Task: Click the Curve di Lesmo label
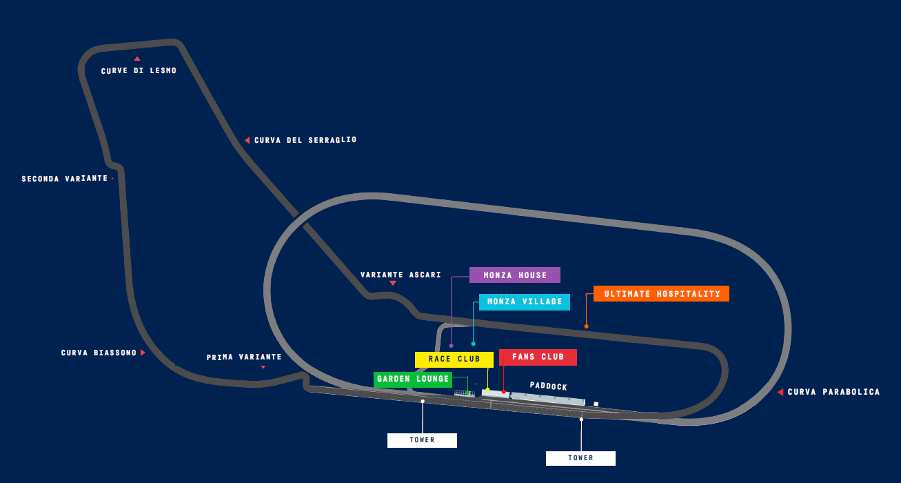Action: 139,71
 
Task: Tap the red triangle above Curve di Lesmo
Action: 137,59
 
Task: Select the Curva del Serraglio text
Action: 305,140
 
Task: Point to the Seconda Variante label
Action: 65,179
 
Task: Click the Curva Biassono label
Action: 99,353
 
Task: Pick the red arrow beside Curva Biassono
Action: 143,353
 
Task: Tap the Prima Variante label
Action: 244,357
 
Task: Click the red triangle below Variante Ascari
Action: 393,283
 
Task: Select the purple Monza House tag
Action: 515,275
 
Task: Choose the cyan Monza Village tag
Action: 525,302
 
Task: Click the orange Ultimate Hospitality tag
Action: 662,294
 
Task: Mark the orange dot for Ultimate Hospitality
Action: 587,326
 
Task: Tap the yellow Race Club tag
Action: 454,359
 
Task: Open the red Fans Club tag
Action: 538,357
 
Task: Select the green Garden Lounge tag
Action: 413,379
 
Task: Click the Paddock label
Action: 549,386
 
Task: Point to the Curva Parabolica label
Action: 833,392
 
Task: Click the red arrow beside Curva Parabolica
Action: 780,392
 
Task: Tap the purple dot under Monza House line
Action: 451,345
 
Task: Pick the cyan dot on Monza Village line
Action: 473,344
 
